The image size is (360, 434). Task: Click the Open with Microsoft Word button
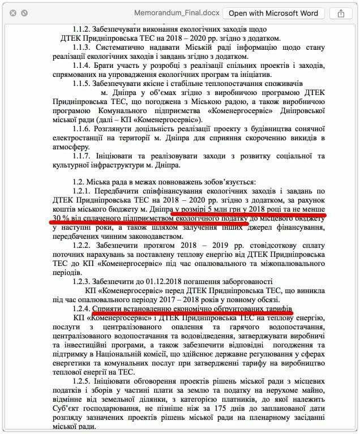click(273, 13)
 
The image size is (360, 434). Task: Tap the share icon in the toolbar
click(341, 13)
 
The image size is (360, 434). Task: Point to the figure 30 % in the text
click(58, 217)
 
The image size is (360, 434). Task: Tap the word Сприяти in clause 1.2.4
click(110, 309)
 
